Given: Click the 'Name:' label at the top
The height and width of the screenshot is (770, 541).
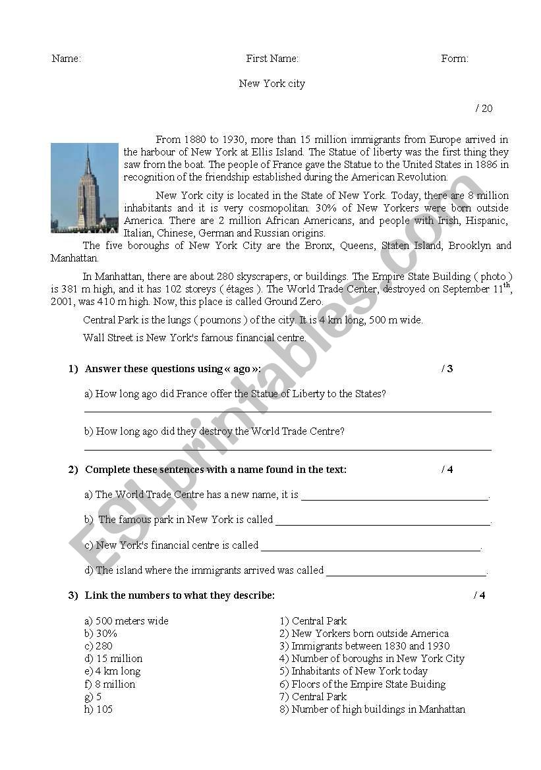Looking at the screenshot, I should click(66, 59).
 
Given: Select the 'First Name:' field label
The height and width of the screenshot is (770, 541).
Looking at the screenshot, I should click(272, 59).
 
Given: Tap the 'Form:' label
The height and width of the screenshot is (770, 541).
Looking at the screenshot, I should click(455, 59).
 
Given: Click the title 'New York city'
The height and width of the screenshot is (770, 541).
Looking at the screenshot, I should click(271, 84).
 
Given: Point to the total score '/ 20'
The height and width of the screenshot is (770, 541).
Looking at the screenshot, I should click(484, 109).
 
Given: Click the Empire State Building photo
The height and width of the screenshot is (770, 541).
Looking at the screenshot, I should click(84, 188).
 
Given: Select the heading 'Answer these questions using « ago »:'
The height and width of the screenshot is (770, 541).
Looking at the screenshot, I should click(173, 369).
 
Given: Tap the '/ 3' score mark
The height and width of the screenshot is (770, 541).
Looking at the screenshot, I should click(447, 369).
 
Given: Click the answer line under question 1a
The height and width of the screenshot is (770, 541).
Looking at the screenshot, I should click(287, 412).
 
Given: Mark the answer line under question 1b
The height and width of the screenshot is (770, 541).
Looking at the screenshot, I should click(287, 450).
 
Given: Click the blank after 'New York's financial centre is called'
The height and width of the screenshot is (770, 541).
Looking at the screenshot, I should click(370, 549).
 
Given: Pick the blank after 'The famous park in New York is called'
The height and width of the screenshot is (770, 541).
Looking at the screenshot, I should click(382, 524).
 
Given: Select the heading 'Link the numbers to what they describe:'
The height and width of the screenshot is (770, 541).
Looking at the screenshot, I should click(180, 595).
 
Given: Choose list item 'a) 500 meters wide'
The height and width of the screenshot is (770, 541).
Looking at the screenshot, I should click(127, 621).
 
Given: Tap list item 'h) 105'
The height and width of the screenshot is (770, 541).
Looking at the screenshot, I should click(98, 709).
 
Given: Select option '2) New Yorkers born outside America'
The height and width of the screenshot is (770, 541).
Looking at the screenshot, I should click(364, 634).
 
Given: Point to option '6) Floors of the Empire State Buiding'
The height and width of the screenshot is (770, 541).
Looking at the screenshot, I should click(362, 684).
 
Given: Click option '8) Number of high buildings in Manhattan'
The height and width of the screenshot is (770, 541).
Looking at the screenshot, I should click(372, 709).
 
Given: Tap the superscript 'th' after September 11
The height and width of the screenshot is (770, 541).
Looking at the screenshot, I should click(507, 285).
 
